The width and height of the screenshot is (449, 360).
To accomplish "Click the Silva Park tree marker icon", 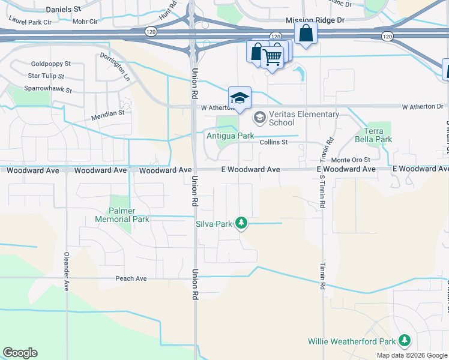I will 241,223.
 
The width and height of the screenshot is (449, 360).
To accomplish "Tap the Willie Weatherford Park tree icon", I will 405,341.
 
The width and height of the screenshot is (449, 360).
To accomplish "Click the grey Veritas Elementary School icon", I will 260,117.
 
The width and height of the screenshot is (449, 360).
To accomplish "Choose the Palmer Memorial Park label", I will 122,215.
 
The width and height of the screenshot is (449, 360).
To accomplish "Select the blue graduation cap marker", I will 240,98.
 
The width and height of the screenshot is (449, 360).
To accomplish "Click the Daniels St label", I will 63,10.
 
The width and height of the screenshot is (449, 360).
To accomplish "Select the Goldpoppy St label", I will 51,64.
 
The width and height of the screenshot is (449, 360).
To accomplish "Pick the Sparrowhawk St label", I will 48,89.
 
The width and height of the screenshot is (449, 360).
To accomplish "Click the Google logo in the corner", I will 20,353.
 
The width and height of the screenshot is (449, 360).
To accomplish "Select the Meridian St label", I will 107,112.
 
